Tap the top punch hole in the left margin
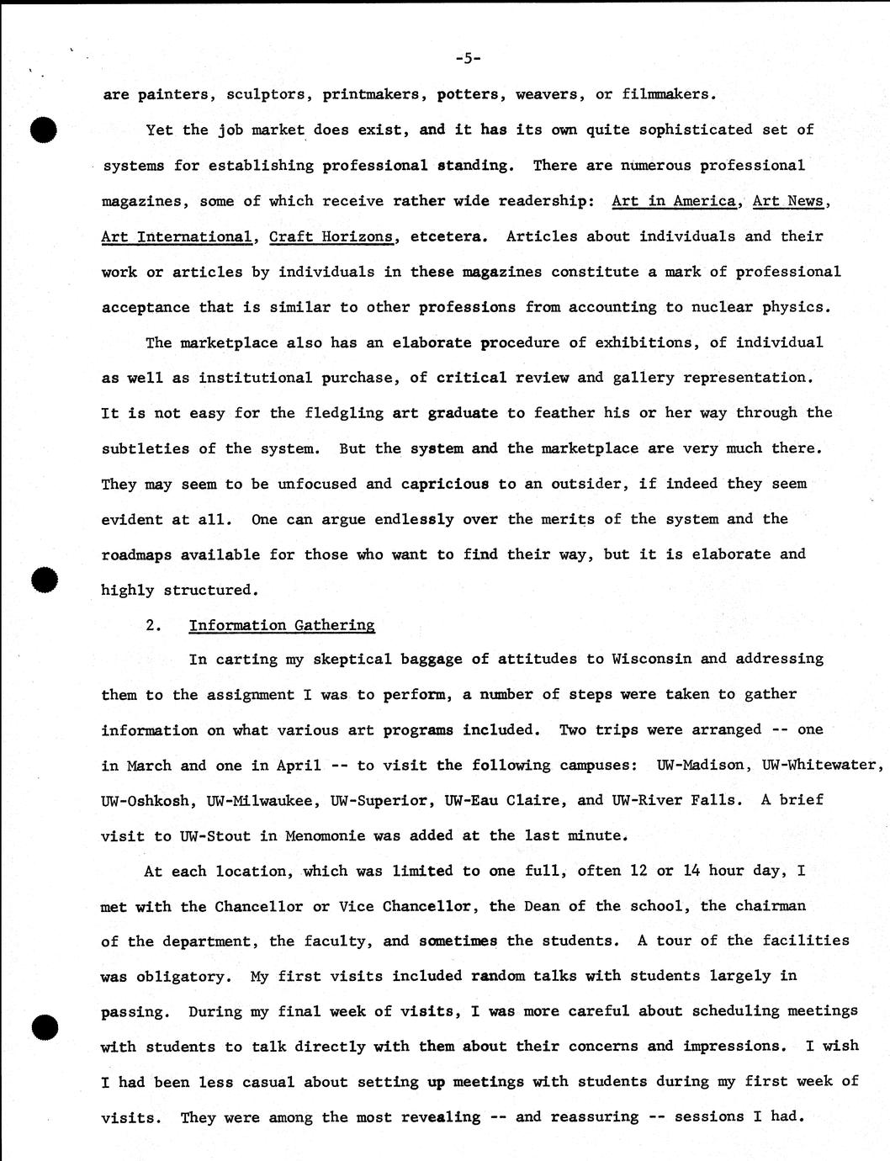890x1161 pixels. [x=43, y=131]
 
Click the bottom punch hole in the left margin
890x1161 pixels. [x=44, y=1027]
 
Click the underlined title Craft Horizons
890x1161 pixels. [x=331, y=236]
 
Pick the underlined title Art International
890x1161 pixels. [x=176, y=236]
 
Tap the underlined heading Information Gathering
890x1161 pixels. [x=282, y=625]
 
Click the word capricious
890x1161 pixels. [x=444, y=484]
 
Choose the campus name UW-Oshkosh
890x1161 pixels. [x=145, y=800]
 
